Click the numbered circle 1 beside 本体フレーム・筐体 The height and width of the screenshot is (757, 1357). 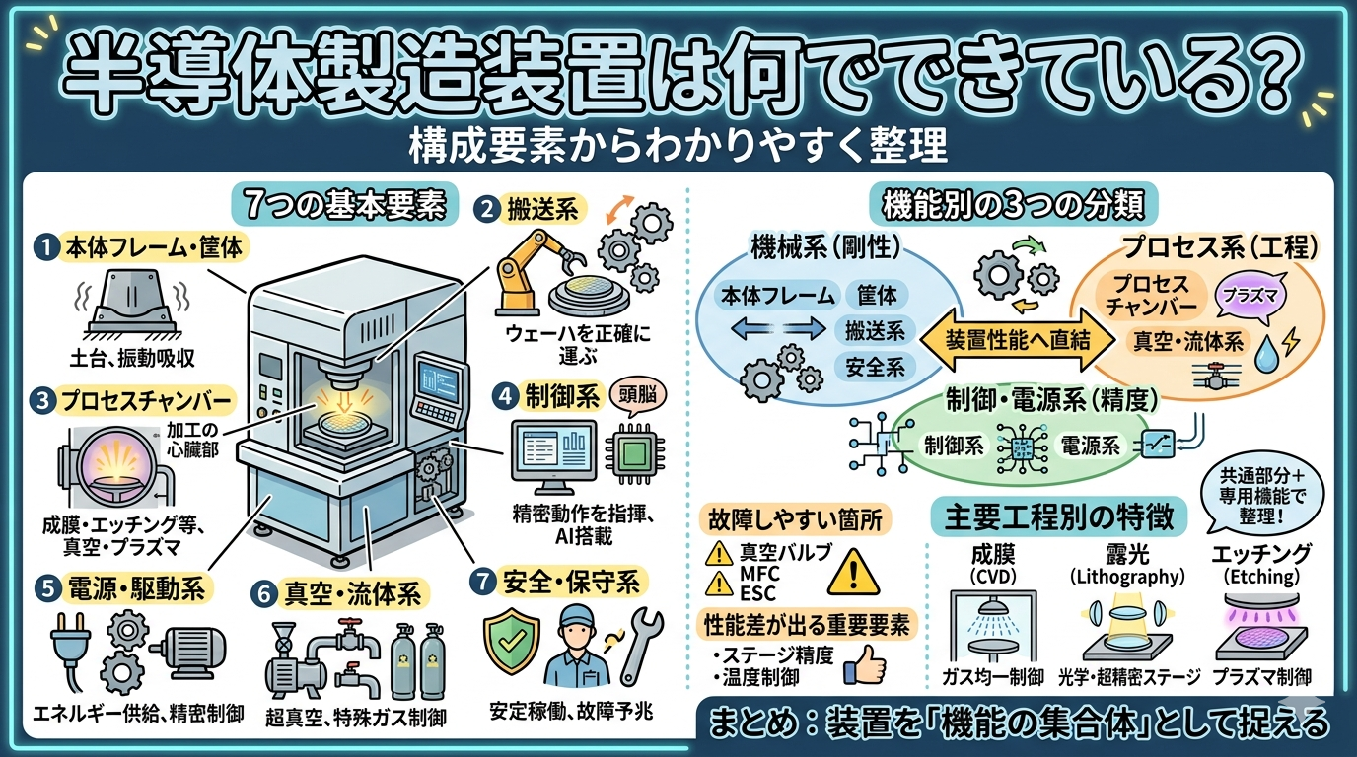[x=46, y=246]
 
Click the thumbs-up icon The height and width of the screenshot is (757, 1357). [x=866, y=665]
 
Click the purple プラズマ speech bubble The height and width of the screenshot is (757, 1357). [x=1248, y=294]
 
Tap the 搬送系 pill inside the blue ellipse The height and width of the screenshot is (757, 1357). [x=875, y=330]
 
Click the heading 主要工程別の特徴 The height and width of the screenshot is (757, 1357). [x=1060, y=518]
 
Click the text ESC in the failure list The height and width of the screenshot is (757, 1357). [x=756, y=593]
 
